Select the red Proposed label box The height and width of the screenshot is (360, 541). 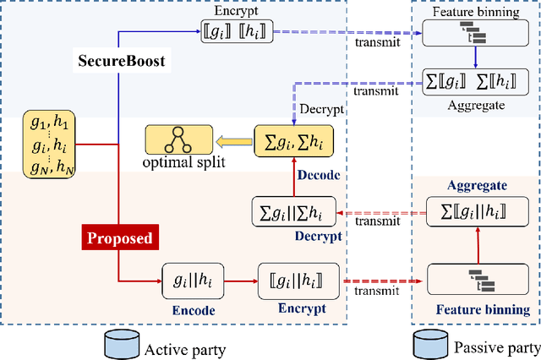[x=121, y=237]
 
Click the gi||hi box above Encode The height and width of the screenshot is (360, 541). [x=193, y=281]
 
